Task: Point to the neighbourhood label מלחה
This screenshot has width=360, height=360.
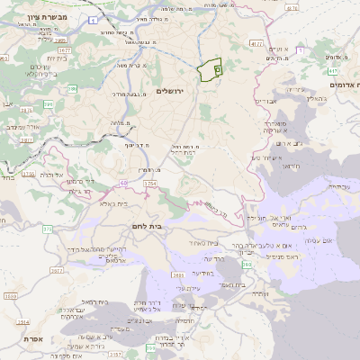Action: point(121,122)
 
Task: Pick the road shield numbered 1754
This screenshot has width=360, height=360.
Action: point(149,184)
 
